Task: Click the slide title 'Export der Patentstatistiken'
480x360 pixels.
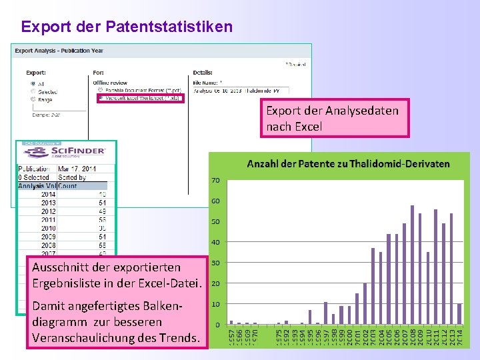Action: [x=127, y=27]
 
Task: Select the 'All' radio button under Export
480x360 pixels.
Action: [x=32, y=83]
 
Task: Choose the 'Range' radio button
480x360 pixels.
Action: [x=32, y=99]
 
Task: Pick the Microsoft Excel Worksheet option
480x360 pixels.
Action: [x=101, y=98]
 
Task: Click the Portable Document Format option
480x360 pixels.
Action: [x=101, y=89]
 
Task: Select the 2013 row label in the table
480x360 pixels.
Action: [x=49, y=203]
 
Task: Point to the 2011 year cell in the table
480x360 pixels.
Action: [x=49, y=219]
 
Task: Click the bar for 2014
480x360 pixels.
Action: [x=459, y=314]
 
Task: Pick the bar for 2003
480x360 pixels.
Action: [x=373, y=286]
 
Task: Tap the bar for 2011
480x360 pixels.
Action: [x=436, y=267]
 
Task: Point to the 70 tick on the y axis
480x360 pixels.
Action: [x=216, y=181]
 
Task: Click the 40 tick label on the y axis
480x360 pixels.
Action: [x=216, y=243]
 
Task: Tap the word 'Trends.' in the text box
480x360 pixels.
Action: [x=179, y=337]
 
